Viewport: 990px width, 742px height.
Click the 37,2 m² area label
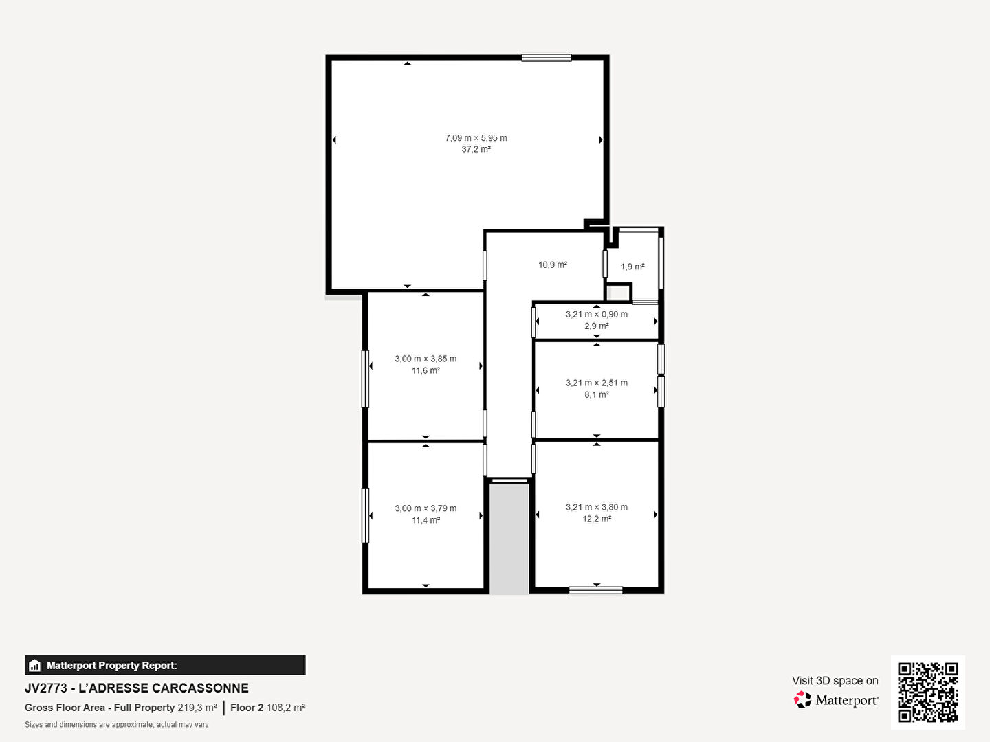click(476, 149)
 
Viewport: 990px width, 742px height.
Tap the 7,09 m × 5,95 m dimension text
click(476, 138)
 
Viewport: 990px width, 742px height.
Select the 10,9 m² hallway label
click(553, 265)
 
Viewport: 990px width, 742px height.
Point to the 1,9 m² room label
click(632, 267)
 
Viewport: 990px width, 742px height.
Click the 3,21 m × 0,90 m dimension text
click(596, 314)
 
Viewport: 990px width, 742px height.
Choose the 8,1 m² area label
click(597, 394)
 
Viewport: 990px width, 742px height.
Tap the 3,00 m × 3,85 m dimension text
click(426, 359)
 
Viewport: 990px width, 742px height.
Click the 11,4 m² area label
click(426, 520)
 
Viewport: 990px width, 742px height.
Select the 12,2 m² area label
click(597, 519)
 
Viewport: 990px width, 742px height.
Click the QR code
click(927, 692)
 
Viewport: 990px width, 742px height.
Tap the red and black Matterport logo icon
click(802, 699)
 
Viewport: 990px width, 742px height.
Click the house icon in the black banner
click(35, 666)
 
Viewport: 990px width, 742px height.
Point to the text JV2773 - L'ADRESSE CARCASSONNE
click(137, 688)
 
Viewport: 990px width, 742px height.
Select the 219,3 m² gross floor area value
click(197, 708)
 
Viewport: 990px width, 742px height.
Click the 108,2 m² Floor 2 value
click(286, 708)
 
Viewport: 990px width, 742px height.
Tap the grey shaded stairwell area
click(509, 539)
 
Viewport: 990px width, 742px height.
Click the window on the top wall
click(547, 58)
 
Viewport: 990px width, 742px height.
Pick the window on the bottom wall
click(596, 591)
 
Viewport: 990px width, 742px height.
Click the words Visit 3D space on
click(835, 681)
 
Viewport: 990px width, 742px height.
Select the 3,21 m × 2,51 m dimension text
click(596, 383)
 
